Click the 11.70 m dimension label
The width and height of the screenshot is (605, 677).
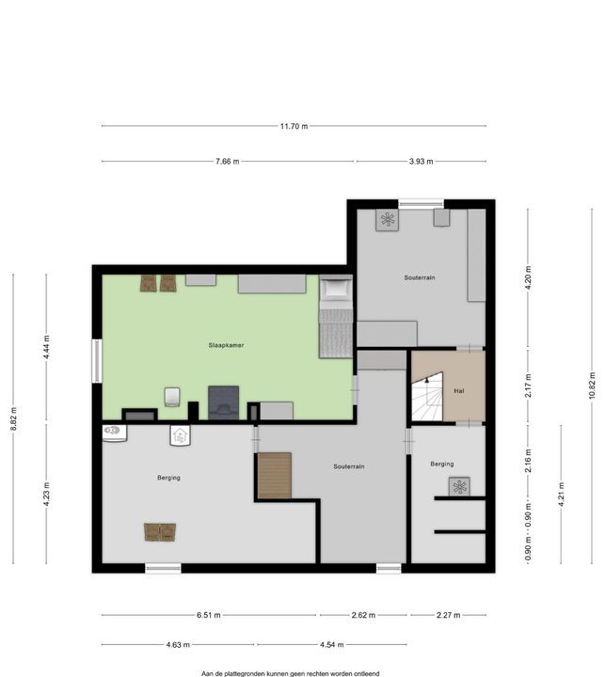point(294,126)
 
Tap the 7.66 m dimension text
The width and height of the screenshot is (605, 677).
point(228,162)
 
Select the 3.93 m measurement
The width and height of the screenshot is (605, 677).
point(421,162)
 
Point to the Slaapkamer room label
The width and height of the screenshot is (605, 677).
point(226,345)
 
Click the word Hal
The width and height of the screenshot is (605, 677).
point(459,391)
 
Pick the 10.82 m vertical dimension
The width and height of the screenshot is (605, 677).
point(593,386)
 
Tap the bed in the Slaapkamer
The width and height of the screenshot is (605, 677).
point(336,317)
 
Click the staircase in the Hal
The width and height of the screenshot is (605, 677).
point(427,397)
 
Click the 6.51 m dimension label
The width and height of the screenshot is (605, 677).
point(209,615)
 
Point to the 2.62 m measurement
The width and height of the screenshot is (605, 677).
point(363,615)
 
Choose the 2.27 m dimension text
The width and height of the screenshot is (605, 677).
point(448,615)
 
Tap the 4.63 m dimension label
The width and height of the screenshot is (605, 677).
point(178,645)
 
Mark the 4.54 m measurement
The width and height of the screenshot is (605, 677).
point(332,645)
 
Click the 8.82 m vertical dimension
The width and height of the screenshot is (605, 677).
point(13,418)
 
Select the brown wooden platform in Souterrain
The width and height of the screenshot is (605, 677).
point(275,476)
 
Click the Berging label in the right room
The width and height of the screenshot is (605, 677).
point(442,464)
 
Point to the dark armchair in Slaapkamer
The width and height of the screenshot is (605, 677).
point(223,402)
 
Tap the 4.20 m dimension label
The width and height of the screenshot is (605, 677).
point(528,278)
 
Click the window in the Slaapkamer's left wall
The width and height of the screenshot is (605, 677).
point(97,361)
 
